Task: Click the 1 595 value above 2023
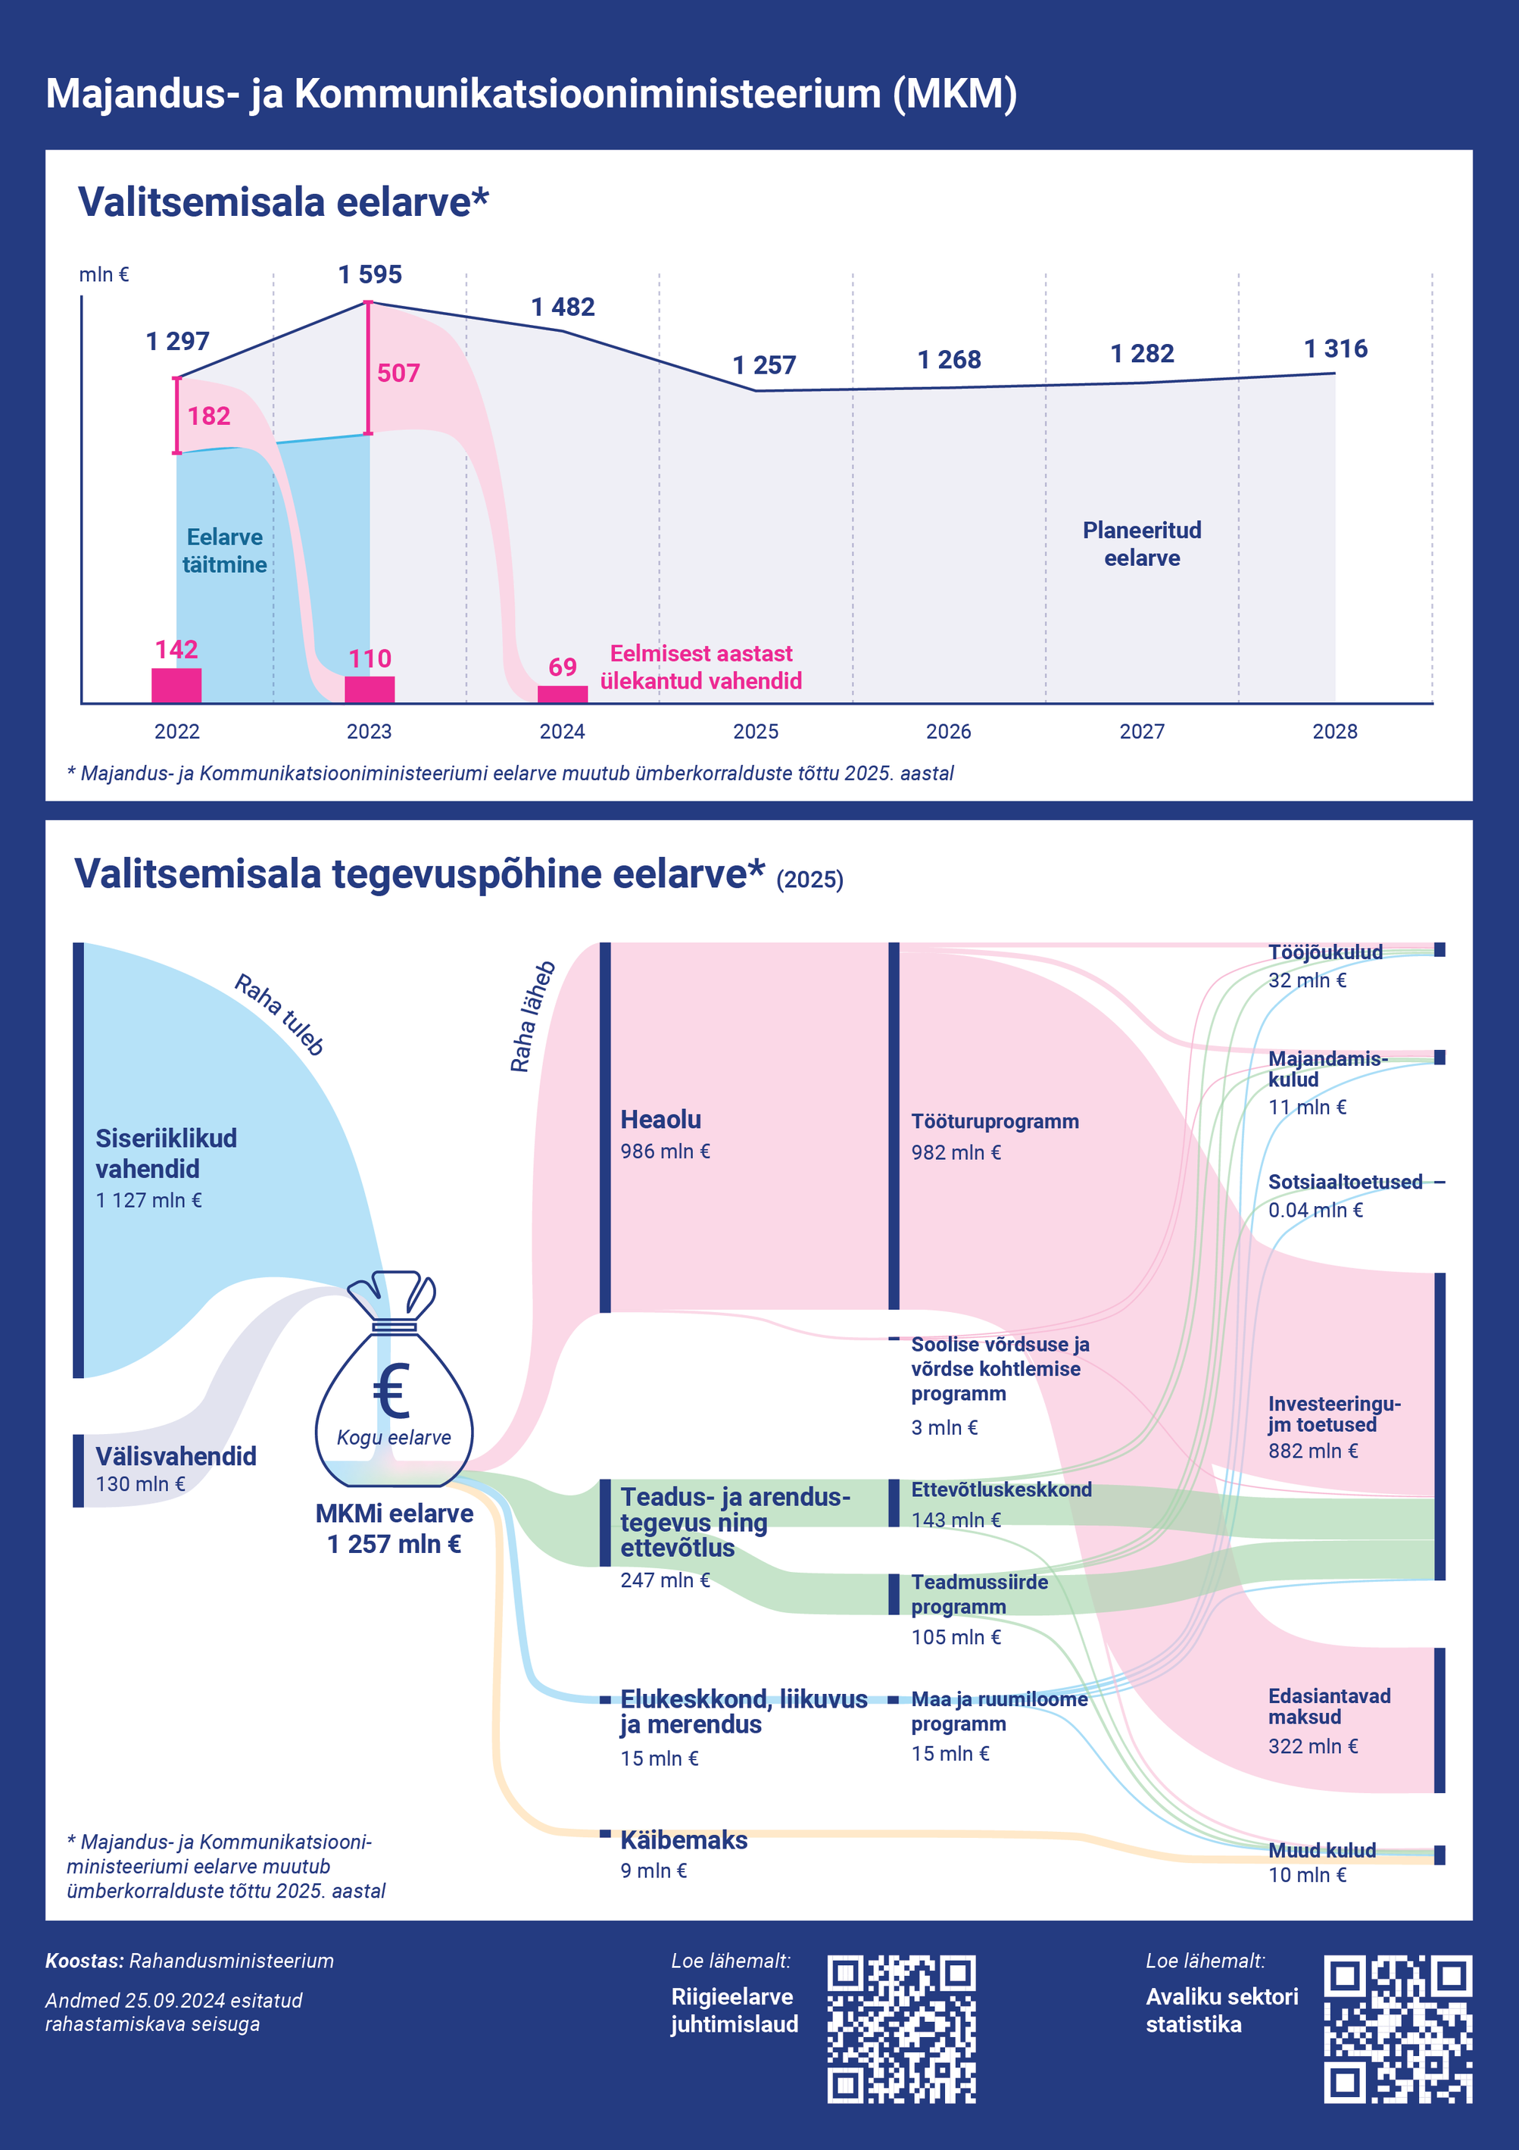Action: tap(370, 274)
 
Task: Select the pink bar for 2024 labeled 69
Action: tap(563, 694)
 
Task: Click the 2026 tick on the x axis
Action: tap(948, 731)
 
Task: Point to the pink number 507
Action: tap(399, 373)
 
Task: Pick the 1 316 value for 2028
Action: tap(1336, 349)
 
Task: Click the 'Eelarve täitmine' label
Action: tap(225, 551)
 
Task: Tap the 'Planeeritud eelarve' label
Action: tap(1142, 544)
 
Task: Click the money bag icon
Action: tap(394, 1378)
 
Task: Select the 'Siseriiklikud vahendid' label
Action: tap(167, 1153)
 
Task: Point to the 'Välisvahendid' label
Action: tap(176, 1456)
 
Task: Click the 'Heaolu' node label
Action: tap(661, 1119)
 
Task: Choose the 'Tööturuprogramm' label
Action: tap(995, 1122)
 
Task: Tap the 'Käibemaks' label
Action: tap(685, 1840)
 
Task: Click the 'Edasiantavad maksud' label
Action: tap(1329, 1706)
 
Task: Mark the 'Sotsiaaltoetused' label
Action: tap(1345, 1182)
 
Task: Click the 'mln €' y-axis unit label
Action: tap(104, 274)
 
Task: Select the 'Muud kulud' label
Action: tap(1321, 1850)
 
